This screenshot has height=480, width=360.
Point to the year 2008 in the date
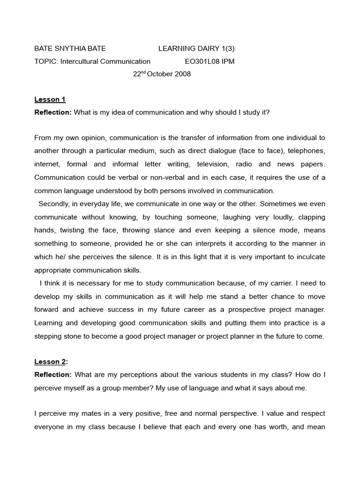point(182,74)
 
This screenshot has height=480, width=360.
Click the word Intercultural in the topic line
point(80,61)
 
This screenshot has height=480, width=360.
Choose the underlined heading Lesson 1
point(50,99)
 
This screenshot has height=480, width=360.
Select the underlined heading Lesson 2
point(50,361)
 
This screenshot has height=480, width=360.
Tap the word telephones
point(306,151)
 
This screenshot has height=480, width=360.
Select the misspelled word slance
point(166,230)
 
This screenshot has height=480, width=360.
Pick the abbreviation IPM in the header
point(227,61)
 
